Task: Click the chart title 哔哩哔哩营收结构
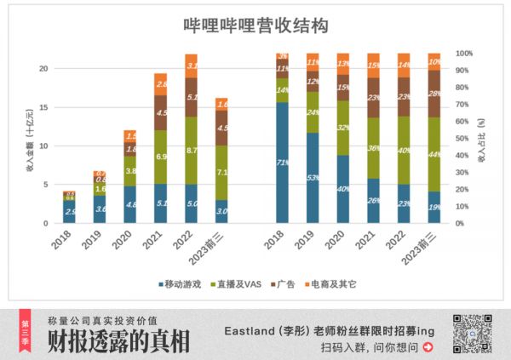[x=255, y=26]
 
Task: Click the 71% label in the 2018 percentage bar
[x=282, y=161]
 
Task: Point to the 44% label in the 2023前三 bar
[x=434, y=153]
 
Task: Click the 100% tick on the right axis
[x=464, y=53]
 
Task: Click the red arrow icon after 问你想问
[x=426, y=347]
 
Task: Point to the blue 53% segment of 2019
[x=313, y=177]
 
